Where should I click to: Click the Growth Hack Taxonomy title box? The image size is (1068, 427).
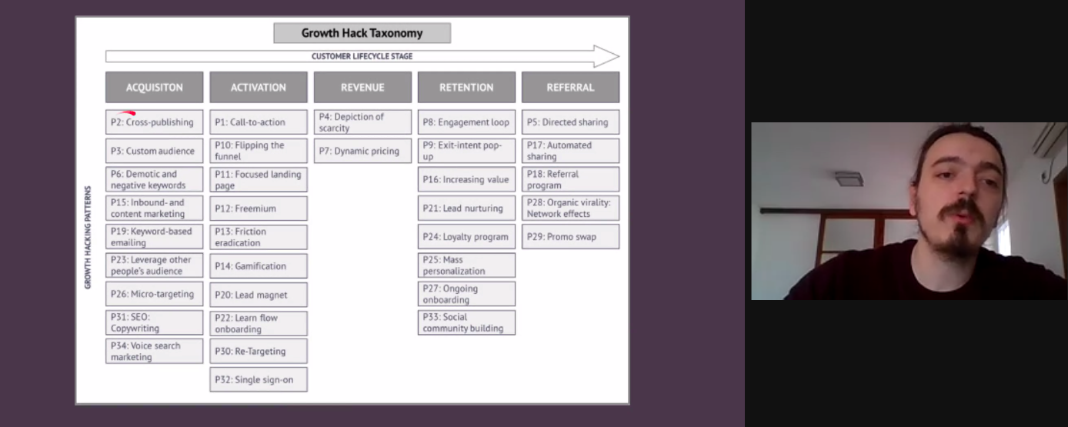[x=362, y=33]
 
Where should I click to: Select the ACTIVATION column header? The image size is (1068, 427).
[x=259, y=87]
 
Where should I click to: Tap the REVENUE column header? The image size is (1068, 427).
[x=362, y=87]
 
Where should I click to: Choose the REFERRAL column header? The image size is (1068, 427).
[x=570, y=87]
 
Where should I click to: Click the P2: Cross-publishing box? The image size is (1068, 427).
[x=154, y=122]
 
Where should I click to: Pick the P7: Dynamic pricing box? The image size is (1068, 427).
[x=362, y=151]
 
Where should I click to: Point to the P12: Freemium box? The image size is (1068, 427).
[x=259, y=208]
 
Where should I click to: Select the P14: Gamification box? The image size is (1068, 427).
[x=259, y=266]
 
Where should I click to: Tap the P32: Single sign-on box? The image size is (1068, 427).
[x=259, y=379]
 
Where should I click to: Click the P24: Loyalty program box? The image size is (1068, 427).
[x=466, y=237]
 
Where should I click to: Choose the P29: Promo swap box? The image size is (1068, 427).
[x=570, y=237]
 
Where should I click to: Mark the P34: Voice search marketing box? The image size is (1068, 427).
[x=154, y=352]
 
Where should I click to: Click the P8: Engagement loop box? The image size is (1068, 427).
[x=466, y=122]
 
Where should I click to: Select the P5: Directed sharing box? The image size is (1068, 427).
[x=570, y=122]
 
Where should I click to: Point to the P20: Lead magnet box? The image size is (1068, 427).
[x=259, y=295]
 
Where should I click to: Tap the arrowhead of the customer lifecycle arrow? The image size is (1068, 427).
[x=606, y=56]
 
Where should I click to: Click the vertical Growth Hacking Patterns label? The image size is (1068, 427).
[x=88, y=237]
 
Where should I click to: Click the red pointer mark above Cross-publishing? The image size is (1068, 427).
[x=127, y=113]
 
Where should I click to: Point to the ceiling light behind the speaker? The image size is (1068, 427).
[x=849, y=178]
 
